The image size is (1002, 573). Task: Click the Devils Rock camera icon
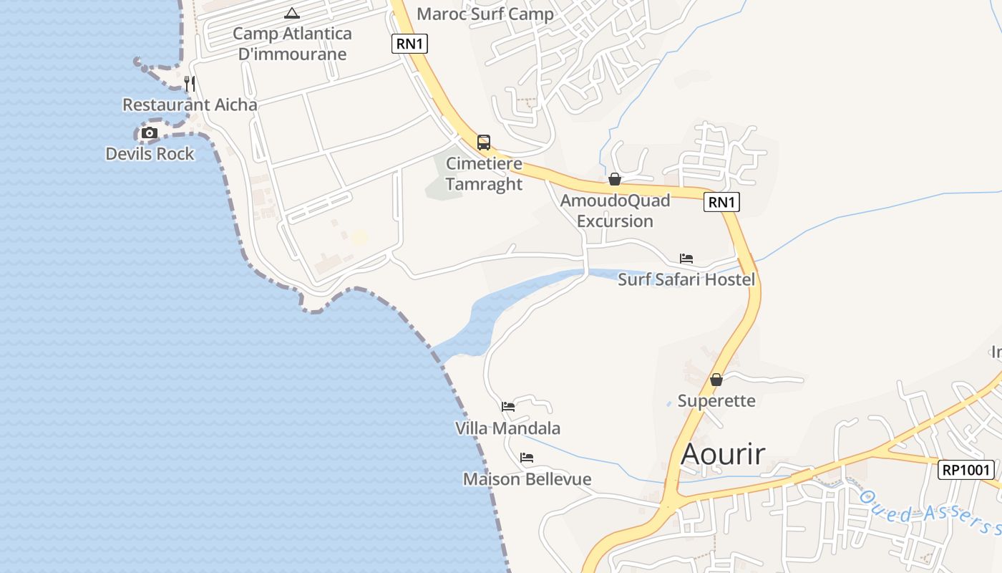point(149,133)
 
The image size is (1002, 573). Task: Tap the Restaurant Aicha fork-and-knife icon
point(190,84)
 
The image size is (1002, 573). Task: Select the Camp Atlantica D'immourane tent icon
point(292,13)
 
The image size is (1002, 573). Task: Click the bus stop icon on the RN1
point(484,142)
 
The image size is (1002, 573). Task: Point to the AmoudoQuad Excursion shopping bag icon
point(614,179)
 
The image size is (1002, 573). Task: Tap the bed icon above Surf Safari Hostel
point(686,259)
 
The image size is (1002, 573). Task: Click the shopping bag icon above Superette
point(716,380)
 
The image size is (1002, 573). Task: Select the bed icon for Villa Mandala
point(508,407)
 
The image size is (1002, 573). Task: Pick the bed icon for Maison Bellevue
point(527,458)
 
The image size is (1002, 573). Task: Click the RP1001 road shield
point(966,470)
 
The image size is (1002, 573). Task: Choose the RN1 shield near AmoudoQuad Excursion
point(721,202)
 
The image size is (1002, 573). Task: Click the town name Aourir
point(723,454)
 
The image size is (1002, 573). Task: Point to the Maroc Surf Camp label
point(485,14)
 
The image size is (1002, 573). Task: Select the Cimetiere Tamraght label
point(485,174)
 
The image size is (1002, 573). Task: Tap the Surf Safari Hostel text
point(686,279)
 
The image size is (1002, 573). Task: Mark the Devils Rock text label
point(150,154)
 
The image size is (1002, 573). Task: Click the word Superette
point(716,400)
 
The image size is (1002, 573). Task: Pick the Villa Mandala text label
point(508,428)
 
